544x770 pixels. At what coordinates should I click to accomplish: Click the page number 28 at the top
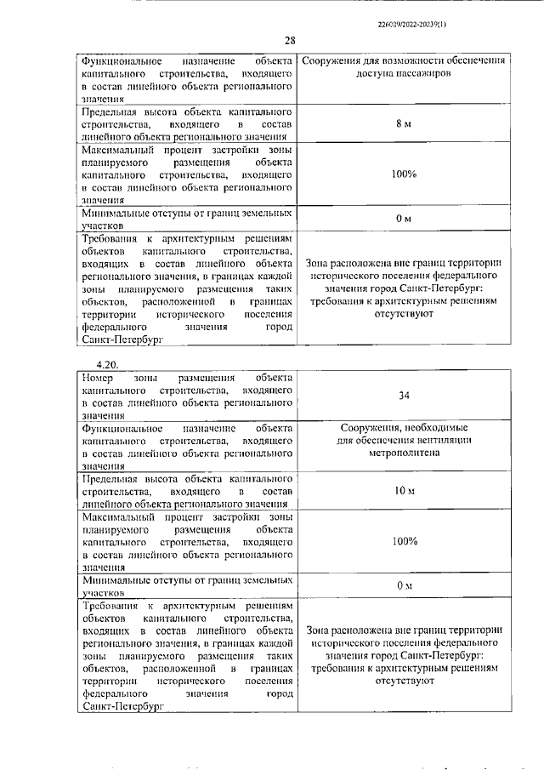[x=290, y=41]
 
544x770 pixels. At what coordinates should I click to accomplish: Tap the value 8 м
[x=404, y=124]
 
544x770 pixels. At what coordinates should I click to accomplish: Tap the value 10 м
[x=404, y=492]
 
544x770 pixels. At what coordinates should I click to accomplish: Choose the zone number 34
[x=404, y=396]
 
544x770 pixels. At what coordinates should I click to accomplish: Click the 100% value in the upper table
[x=405, y=174]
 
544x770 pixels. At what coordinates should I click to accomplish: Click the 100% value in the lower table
[x=405, y=541]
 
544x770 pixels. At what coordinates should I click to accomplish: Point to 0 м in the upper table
[x=404, y=220]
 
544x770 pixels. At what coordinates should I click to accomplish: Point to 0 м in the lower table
[x=404, y=586]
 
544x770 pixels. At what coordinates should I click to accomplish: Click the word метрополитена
[x=405, y=453]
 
